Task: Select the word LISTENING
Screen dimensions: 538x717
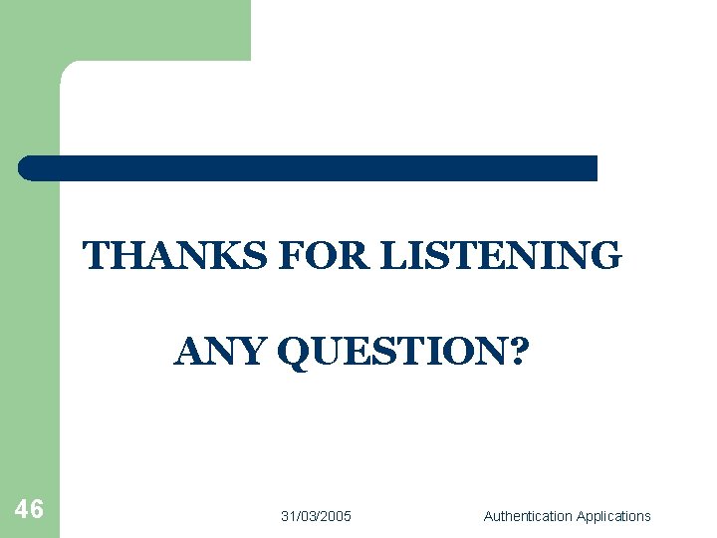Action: point(501,256)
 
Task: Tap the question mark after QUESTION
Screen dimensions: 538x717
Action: point(519,352)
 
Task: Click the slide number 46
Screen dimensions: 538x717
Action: point(29,510)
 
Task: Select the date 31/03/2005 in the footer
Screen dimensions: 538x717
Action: point(316,516)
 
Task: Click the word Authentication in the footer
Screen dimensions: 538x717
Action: point(528,516)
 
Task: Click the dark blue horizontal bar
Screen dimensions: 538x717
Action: point(309,168)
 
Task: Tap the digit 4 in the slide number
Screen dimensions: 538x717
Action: point(22,510)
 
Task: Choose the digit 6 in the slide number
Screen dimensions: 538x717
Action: point(37,510)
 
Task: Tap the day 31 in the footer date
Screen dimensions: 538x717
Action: point(288,516)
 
